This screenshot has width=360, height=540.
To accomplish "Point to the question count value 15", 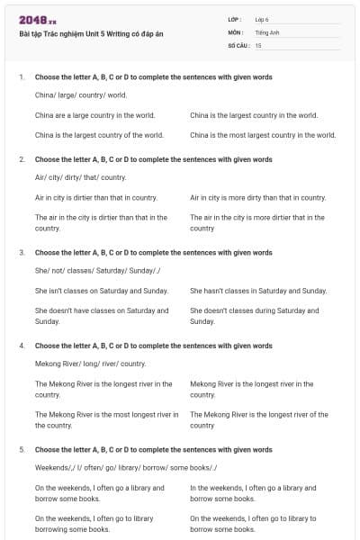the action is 258,44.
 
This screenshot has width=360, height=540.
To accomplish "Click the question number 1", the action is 21,77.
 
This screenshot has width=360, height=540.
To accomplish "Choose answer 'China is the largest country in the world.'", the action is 254,115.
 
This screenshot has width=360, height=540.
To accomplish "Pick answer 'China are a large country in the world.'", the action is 94,115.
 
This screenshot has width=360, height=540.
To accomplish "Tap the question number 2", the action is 21,159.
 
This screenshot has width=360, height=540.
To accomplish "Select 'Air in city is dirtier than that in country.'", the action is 95,197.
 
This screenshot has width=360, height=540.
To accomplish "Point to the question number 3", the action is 21,253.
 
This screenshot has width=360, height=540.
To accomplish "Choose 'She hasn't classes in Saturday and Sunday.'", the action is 258,291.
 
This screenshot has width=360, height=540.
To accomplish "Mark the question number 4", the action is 21,346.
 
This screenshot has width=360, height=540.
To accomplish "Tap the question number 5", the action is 21,449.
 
